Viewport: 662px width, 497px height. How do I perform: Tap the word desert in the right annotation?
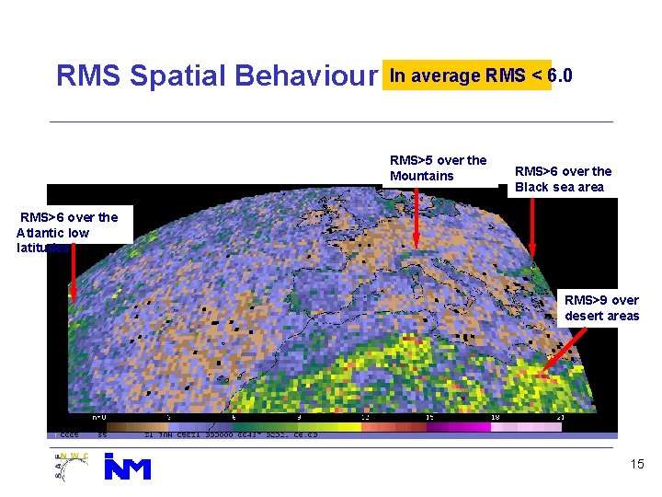coord(585,316)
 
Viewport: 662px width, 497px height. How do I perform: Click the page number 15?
coord(637,465)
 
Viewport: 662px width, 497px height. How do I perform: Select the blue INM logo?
coord(127,468)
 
